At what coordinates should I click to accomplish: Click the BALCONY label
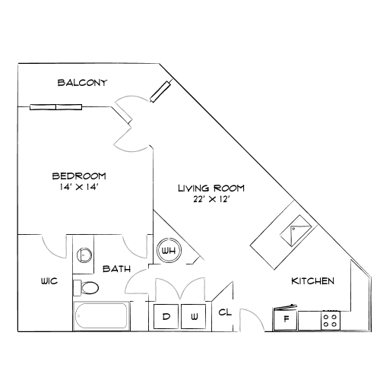[82, 83]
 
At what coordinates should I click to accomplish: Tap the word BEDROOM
[79, 176]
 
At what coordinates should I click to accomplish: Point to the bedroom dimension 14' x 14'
[79, 187]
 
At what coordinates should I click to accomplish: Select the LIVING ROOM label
[211, 188]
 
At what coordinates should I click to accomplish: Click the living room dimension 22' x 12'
[211, 199]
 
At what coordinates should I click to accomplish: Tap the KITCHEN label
[313, 281]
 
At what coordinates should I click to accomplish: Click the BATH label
[116, 269]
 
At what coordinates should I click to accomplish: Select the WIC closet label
[49, 281]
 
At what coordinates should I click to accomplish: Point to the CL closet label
[225, 312]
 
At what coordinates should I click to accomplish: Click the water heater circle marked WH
[169, 251]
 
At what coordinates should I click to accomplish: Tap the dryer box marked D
[166, 316]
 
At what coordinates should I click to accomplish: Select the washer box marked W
[194, 316]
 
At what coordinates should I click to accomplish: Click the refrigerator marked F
[286, 318]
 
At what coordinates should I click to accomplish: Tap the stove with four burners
[331, 321]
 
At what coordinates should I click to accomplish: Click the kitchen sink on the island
[296, 230]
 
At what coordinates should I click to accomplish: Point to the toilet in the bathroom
[86, 288]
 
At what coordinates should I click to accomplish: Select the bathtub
[101, 316]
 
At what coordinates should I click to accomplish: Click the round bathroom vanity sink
[84, 255]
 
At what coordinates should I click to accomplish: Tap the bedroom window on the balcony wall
[55, 107]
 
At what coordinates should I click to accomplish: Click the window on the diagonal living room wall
[160, 91]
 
